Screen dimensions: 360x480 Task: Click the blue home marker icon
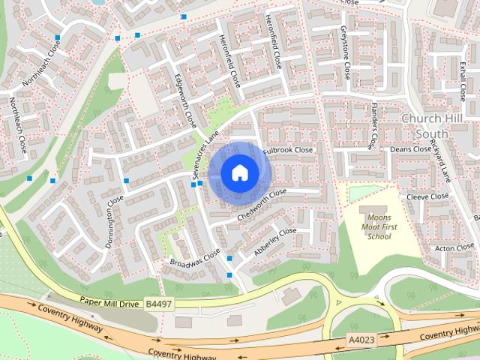pos(239,173)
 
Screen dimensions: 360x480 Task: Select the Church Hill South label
pos(435,125)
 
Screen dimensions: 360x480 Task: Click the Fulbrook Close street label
pos(288,150)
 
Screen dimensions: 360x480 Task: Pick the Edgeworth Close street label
pos(184,98)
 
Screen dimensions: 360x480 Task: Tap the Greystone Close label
pos(345,52)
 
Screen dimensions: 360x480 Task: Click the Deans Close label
pos(411,149)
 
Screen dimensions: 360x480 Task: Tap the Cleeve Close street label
pos(427,196)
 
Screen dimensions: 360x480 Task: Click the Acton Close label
pos(454,247)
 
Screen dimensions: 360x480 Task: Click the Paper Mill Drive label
pos(110,301)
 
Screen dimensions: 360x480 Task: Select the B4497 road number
pos(158,303)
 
